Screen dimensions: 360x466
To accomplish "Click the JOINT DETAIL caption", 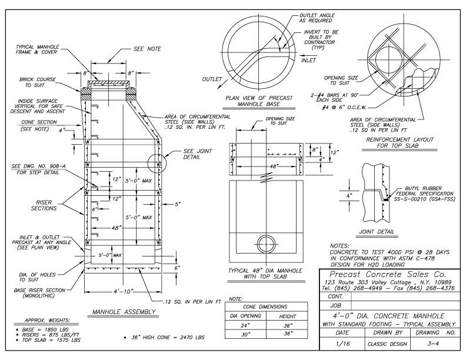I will click(377, 232).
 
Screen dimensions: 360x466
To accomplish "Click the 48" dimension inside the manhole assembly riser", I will click(118, 226).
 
